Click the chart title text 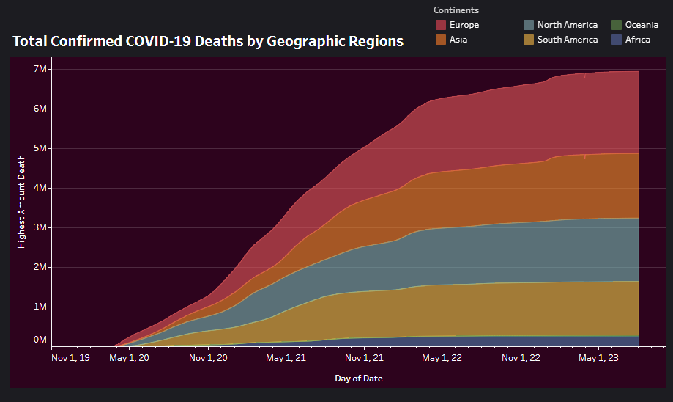208,41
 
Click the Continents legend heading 456,10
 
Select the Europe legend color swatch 441,25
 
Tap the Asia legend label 458,40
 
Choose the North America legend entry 567,25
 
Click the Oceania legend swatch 617,25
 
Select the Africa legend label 637,40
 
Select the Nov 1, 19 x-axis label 71,358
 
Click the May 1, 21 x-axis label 286,358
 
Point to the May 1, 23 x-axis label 599,358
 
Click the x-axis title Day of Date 358,379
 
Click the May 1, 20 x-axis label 129,358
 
